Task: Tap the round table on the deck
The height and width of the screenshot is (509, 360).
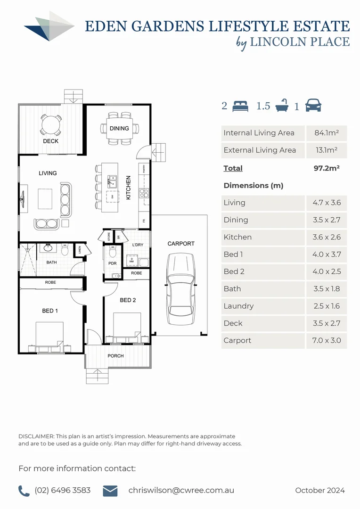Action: coord(51,125)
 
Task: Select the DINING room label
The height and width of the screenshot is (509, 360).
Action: coord(119,128)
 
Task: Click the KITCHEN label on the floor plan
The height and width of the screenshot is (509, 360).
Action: coord(128,188)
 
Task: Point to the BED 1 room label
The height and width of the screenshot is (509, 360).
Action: coord(50,311)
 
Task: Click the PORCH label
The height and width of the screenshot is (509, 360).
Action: coord(116,356)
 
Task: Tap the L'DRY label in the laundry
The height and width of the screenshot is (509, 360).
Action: coord(138,245)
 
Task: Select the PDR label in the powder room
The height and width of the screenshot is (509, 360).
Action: coord(112,263)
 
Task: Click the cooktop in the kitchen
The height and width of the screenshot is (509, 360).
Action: coord(144,192)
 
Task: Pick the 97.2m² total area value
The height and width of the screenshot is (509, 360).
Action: coord(327,168)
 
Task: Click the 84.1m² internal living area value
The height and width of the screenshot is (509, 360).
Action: coord(327,133)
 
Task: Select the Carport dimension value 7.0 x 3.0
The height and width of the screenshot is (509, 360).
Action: coord(327,340)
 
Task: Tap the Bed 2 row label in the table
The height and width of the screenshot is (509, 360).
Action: coord(233,271)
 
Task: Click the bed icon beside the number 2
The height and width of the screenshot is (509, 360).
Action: coord(240,106)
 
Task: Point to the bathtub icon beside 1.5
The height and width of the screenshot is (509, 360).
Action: coord(282,106)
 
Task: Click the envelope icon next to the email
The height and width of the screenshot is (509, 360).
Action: coord(110,491)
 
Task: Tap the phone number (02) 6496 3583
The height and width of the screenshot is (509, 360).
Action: coord(63,491)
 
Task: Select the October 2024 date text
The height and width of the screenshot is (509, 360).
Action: coord(320,491)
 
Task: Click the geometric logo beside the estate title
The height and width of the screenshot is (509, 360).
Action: coord(49,26)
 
